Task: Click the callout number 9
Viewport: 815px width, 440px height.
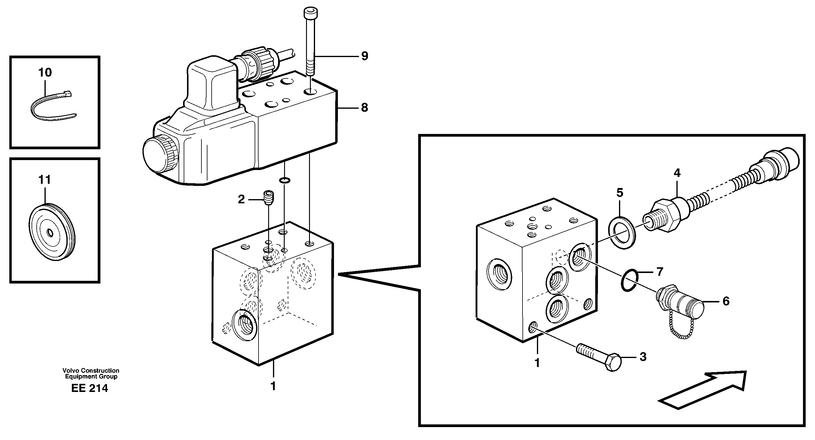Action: (364, 56)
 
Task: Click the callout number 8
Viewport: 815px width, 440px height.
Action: (364, 108)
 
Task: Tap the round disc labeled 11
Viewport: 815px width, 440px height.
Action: (52, 233)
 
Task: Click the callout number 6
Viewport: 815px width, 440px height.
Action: (726, 301)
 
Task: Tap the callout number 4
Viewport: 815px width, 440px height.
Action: (677, 173)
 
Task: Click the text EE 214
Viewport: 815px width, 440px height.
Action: (90, 388)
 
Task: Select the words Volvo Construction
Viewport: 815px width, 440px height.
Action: (91, 370)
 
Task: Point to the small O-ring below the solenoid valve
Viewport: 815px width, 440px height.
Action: (284, 180)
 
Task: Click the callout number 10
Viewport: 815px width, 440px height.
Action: (45, 73)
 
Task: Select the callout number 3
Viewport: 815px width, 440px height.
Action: (642, 357)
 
